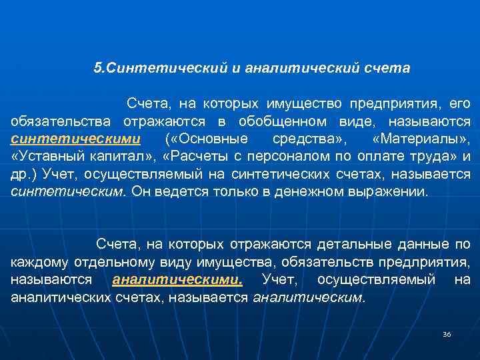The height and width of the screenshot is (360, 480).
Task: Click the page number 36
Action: (x=447, y=334)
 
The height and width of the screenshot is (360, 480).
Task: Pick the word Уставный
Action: (x=45, y=157)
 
